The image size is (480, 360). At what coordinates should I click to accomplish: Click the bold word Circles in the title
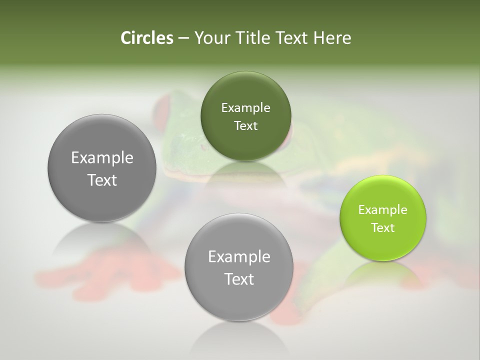click(x=146, y=38)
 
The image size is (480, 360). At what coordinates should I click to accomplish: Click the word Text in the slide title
click(x=291, y=38)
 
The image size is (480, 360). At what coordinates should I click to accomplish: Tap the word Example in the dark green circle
click(x=245, y=108)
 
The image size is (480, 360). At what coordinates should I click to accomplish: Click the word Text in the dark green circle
click(x=245, y=126)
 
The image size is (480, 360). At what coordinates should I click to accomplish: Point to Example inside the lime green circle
click(x=383, y=210)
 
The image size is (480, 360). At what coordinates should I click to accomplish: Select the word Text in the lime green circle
click(x=383, y=228)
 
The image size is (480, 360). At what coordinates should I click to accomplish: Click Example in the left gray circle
click(x=102, y=158)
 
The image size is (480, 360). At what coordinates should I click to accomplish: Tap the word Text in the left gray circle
click(x=102, y=180)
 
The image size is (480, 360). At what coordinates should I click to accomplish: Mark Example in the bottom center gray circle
click(x=239, y=257)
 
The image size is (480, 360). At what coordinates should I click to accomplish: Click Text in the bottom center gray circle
click(x=239, y=279)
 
